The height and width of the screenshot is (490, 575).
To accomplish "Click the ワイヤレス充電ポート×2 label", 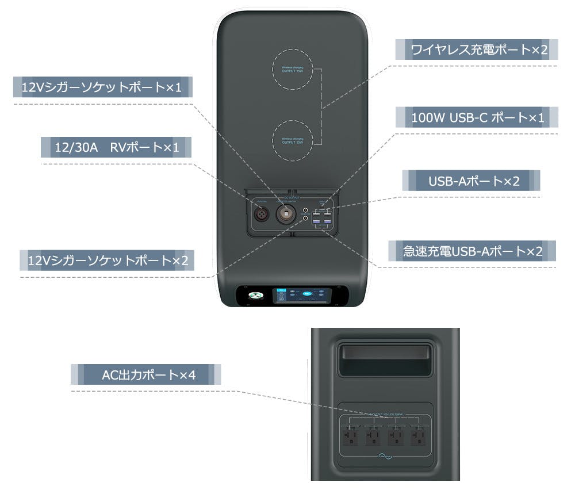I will pyautogui.click(x=476, y=50).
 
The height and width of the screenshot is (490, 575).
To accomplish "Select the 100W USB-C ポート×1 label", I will pyautogui.click(x=477, y=118).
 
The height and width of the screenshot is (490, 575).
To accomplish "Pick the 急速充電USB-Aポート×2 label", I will pyautogui.click(x=473, y=251).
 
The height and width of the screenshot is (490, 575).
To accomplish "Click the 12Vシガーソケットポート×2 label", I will pyautogui.click(x=108, y=261).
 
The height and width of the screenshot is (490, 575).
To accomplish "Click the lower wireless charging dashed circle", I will pyautogui.click(x=293, y=140).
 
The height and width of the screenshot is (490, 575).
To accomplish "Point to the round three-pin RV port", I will pyautogui.click(x=262, y=215).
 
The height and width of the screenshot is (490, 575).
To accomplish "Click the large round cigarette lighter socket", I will pyautogui.click(x=286, y=215).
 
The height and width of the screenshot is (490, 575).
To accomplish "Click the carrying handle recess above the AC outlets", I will pyautogui.click(x=385, y=361).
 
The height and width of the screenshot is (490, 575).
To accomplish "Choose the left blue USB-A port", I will pyautogui.click(x=316, y=221).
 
